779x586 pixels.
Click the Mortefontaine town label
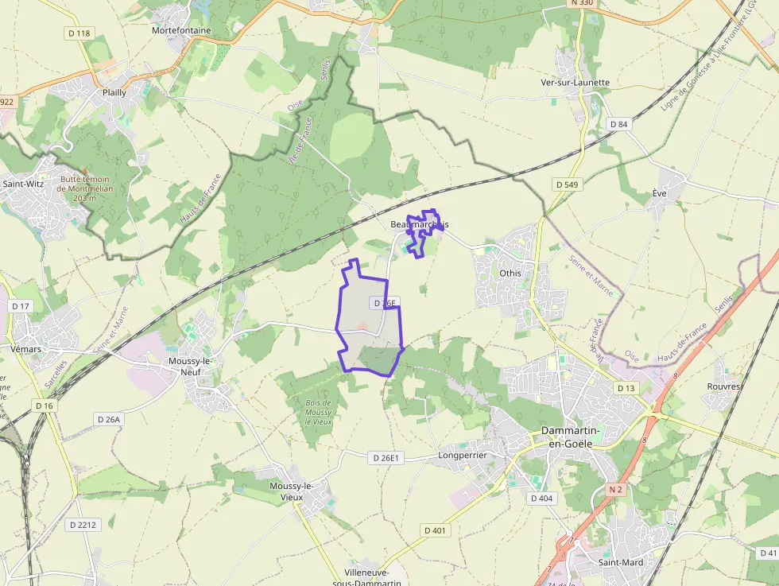[x=181, y=30]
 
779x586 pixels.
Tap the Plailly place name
[x=114, y=92]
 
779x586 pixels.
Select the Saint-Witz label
[x=23, y=184]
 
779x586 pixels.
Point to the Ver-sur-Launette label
[x=575, y=82]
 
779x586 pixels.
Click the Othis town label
[x=510, y=273]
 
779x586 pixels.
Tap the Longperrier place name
[x=462, y=455]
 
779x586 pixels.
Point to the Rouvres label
[x=723, y=386]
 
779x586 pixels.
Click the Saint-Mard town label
[x=621, y=562]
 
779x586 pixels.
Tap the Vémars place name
[x=26, y=348]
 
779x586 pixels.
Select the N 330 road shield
[x=582, y=3]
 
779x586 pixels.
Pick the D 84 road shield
[x=618, y=124]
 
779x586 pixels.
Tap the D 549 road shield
[x=567, y=184]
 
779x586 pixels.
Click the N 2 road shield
[x=615, y=490]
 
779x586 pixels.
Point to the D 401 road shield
[x=436, y=530]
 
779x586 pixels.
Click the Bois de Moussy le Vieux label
[x=319, y=412]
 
